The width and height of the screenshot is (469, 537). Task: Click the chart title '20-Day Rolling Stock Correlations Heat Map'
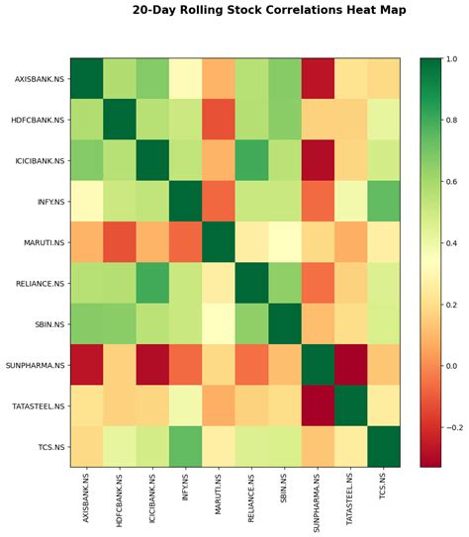tap(269, 10)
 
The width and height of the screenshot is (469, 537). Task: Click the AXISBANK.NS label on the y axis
tap(40, 78)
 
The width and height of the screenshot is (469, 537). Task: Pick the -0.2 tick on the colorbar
tap(454, 428)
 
